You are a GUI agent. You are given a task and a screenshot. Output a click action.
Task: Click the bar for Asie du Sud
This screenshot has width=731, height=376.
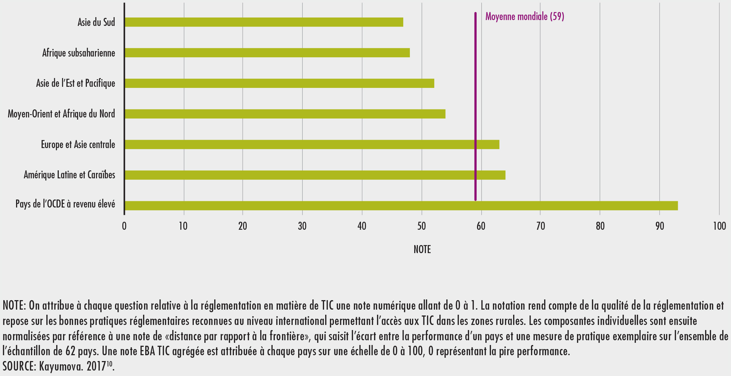coord(263,22)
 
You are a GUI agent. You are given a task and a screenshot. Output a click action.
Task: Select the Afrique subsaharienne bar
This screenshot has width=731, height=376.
coord(267,53)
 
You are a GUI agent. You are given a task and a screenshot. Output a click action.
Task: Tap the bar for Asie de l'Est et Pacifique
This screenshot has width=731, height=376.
coord(279,84)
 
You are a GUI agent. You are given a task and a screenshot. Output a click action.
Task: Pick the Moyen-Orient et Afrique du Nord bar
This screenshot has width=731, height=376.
coord(285,114)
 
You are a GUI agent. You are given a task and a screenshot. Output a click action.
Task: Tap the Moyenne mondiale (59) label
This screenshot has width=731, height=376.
coord(524,16)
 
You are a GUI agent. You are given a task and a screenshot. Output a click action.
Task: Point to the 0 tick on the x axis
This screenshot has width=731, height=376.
coord(124,226)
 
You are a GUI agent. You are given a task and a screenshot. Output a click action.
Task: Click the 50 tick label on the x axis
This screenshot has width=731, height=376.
coord(422,226)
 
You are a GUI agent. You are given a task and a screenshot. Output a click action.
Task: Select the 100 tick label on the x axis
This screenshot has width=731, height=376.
coord(719,226)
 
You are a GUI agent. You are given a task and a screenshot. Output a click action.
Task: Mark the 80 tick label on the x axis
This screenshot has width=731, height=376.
coord(600,226)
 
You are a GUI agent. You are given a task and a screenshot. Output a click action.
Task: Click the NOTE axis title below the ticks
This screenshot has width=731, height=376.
coord(422,249)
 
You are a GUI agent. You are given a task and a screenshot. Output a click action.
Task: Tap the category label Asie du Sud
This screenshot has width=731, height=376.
coord(96,22)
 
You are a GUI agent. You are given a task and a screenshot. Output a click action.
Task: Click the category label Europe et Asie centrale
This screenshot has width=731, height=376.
coord(78,145)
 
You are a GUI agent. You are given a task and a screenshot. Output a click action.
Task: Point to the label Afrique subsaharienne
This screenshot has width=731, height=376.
coord(78,53)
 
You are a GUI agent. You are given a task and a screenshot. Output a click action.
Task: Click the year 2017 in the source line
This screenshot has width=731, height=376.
coord(96,366)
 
